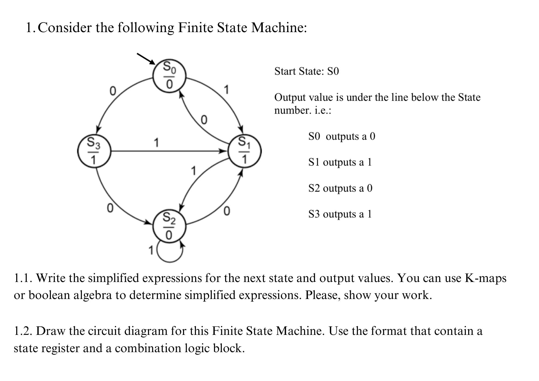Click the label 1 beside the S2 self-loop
[151, 251]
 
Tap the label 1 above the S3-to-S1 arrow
[156, 142]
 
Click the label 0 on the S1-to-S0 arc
[204, 120]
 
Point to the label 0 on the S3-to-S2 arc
[110, 208]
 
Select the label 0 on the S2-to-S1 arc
[227, 211]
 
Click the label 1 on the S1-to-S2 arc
[193, 171]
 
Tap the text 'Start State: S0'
[307, 72]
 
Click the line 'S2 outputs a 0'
[340, 188]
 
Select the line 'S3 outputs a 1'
[340, 214]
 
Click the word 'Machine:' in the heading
[279, 28]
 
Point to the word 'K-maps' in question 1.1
[486, 278]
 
